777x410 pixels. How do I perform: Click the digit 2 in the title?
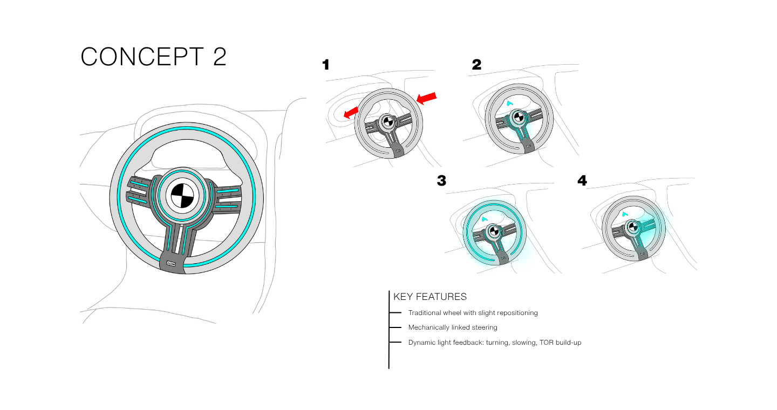pos(219,57)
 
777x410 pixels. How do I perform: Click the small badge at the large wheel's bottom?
pos(172,264)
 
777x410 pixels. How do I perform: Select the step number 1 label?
pos(325,65)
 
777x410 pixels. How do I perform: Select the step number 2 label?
pos(476,65)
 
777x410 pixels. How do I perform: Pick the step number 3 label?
pos(441,181)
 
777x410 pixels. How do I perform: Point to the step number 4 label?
pos(582,181)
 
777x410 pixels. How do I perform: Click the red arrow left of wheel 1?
pos(351,112)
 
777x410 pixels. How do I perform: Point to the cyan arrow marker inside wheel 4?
pos(625,214)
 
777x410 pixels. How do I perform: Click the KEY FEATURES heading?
pos(430,297)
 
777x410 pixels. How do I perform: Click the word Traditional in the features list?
pos(424,313)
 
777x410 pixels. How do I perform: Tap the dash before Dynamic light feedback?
pos(396,342)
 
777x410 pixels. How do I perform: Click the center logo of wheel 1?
pos(387,121)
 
